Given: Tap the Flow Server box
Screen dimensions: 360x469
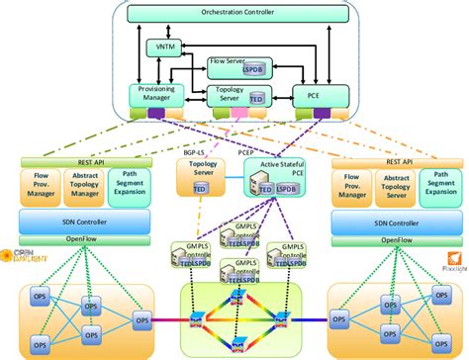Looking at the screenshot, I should [228, 69].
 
